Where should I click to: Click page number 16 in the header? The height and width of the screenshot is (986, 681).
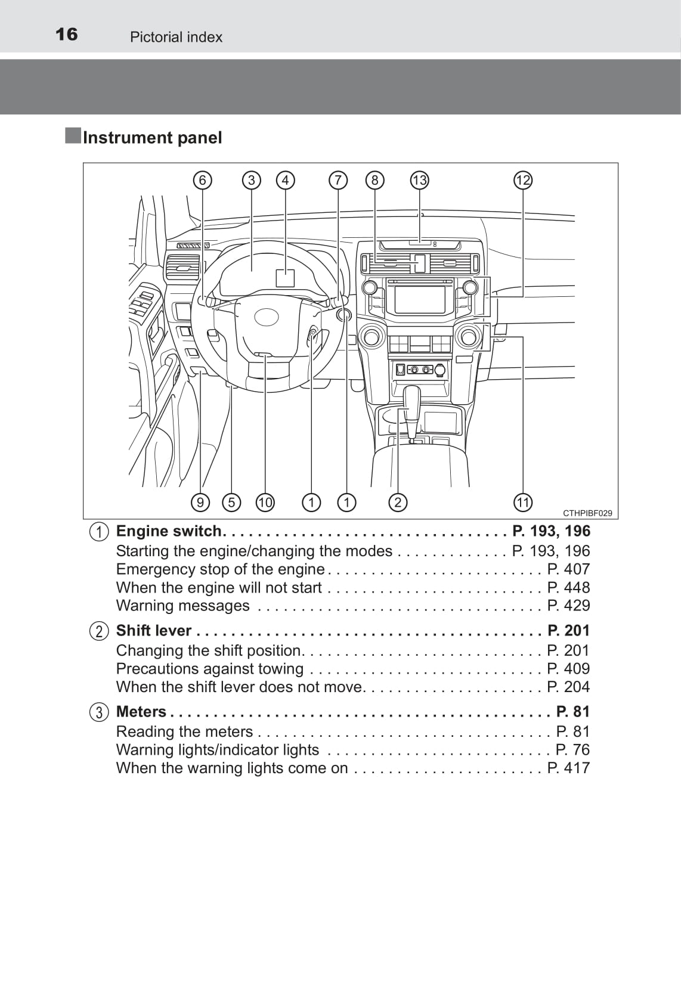click(67, 35)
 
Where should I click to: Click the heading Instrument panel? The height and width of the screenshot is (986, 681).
click(152, 138)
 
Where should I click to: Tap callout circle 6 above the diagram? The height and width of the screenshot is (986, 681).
click(203, 180)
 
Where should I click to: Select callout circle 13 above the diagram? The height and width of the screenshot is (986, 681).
click(420, 180)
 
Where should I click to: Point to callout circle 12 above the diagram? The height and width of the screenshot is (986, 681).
click(523, 180)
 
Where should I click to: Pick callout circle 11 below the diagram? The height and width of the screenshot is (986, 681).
click(523, 503)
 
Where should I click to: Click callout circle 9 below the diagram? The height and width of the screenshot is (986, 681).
click(200, 503)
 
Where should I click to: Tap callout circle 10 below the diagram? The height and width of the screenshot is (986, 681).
click(265, 503)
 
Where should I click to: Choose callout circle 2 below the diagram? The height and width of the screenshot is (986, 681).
click(398, 503)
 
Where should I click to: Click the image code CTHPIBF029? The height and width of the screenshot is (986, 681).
click(587, 513)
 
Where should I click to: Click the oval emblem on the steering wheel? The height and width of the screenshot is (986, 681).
click(267, 317)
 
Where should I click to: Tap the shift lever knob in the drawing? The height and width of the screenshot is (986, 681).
click(412, 398)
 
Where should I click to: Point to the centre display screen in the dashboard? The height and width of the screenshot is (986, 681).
click(420, 299)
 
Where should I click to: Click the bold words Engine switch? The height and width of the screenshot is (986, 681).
click(169, 531)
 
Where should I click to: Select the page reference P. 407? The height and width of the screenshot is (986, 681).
click(568, 569)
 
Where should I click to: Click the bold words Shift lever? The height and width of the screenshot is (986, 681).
click(154, 631)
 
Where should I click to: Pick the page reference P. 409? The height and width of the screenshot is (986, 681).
click(568, 669)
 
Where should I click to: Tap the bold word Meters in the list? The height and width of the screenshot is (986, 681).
click(141, 712)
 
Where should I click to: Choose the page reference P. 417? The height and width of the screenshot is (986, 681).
click(568, 768)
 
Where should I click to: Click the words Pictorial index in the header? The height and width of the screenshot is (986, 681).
click(176, 37)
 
